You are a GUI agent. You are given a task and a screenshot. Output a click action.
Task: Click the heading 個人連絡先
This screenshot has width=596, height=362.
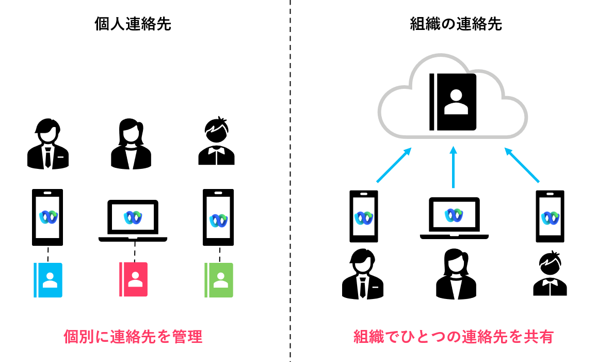133,24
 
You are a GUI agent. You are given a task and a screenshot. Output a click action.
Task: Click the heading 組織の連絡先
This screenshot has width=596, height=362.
456,24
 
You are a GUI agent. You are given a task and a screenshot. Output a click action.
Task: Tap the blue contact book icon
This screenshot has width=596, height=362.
48,280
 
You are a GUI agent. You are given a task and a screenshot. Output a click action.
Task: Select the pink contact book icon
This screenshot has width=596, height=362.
133,279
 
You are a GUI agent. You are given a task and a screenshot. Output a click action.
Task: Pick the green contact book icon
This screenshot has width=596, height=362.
219,280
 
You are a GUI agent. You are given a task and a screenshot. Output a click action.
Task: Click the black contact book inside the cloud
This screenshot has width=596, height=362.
453,102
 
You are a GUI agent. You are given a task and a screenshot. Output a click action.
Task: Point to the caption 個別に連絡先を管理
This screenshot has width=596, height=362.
133,337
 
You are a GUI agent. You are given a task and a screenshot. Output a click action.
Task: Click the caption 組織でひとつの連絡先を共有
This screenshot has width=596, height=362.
454,337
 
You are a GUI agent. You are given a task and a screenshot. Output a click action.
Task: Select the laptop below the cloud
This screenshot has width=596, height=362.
454,217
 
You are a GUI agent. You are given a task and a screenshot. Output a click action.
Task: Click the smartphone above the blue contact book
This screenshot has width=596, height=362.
47,217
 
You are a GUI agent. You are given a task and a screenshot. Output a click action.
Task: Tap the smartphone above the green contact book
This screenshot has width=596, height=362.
218,217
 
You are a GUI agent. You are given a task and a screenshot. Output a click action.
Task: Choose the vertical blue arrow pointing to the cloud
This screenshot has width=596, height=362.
454,166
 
